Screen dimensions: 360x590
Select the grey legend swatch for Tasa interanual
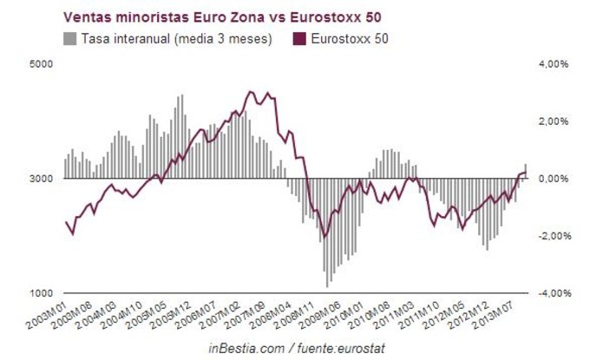point(69,38)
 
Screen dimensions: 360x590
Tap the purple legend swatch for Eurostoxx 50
point(301,38)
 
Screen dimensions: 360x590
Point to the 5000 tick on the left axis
point(43,64)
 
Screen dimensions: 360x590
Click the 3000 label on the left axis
point(43,179)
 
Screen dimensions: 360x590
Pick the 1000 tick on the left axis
point(43,293)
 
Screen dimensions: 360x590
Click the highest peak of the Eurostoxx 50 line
point(251,91)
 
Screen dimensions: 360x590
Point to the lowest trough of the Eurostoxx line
point(324,238)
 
